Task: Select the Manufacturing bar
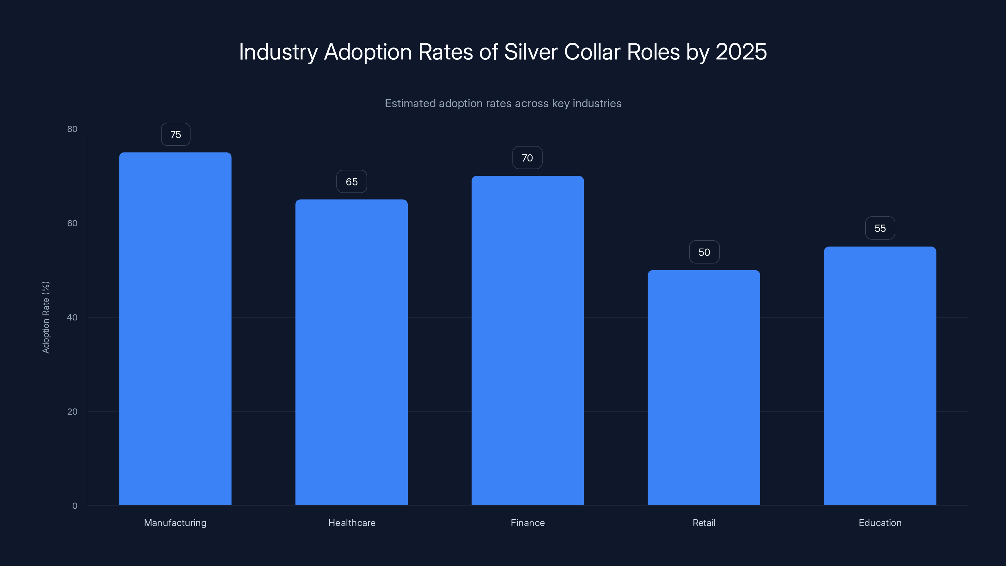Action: (x=175, y=329)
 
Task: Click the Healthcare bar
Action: (x=351, y=352)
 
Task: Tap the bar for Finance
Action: (x=528, y=340)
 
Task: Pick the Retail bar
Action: (x=704, y=387)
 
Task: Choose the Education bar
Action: (x=880, y=375)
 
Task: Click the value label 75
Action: (x=175, y=134)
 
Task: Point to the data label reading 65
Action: (x=351, y=182)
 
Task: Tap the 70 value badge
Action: (x=527, y=158)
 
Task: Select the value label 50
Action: (x=704, y=252)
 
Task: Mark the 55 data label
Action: (x=880, y=228)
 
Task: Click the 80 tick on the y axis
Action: (x=72, y=129)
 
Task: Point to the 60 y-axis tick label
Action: (x=72, y=223)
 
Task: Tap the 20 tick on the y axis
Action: (x=72, y=411)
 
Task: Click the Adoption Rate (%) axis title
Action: (x=46, y=317)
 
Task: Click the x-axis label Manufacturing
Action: (x=175, y=523)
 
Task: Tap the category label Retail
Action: (x=704, y=523)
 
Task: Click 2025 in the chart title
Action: (x=741, y=52)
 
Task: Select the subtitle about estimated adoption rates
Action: (x=503, y=103)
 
